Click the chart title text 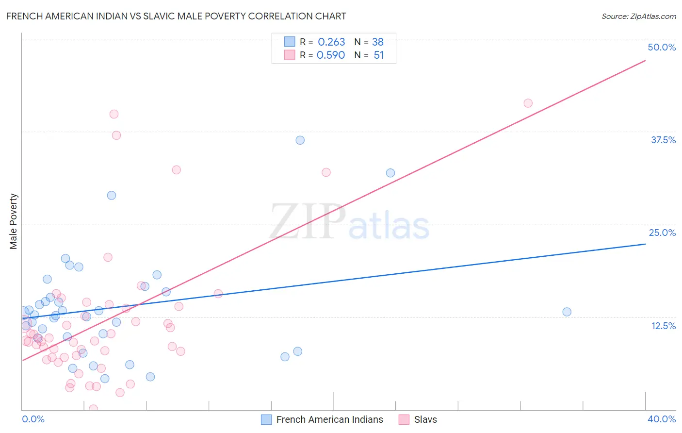(x=176, y=16)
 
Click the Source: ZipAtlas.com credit (x=638, y=16)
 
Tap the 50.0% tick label (x=662, y=47)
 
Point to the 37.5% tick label (x=663, y=140)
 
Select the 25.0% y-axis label (x=662, y=233)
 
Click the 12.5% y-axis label (x=663, y=326)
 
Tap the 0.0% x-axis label (x=33, y=419)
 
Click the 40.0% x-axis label (x=661, y=419)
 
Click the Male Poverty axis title (x=14, y=221)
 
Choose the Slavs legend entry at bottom (x=425, y=419)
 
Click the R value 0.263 (x=331, y=42)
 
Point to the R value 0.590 (x=331, y=55)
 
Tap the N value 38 (x=378, y=42)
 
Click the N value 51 (x=378, y=55)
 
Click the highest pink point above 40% (x=528, y=103)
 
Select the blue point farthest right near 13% (x=567, y=312)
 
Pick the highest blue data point (x=300, y=140)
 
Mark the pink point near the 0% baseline (x=94, y=409)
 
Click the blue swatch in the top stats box (x=290, y=42)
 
